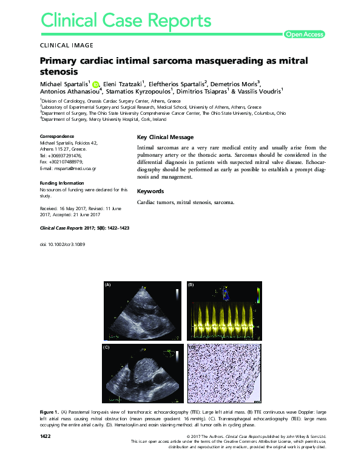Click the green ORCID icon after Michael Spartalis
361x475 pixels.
coord(95,84)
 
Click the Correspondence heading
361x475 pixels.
coord(57,136)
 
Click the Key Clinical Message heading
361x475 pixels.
coord(166,137)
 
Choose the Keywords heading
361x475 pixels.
coord(150,191)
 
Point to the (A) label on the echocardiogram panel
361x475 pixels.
coord(108,285)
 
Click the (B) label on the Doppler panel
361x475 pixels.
coord(191,285)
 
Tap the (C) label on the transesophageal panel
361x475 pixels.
coord(106,347)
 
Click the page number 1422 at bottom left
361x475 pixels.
coord(45,437)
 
